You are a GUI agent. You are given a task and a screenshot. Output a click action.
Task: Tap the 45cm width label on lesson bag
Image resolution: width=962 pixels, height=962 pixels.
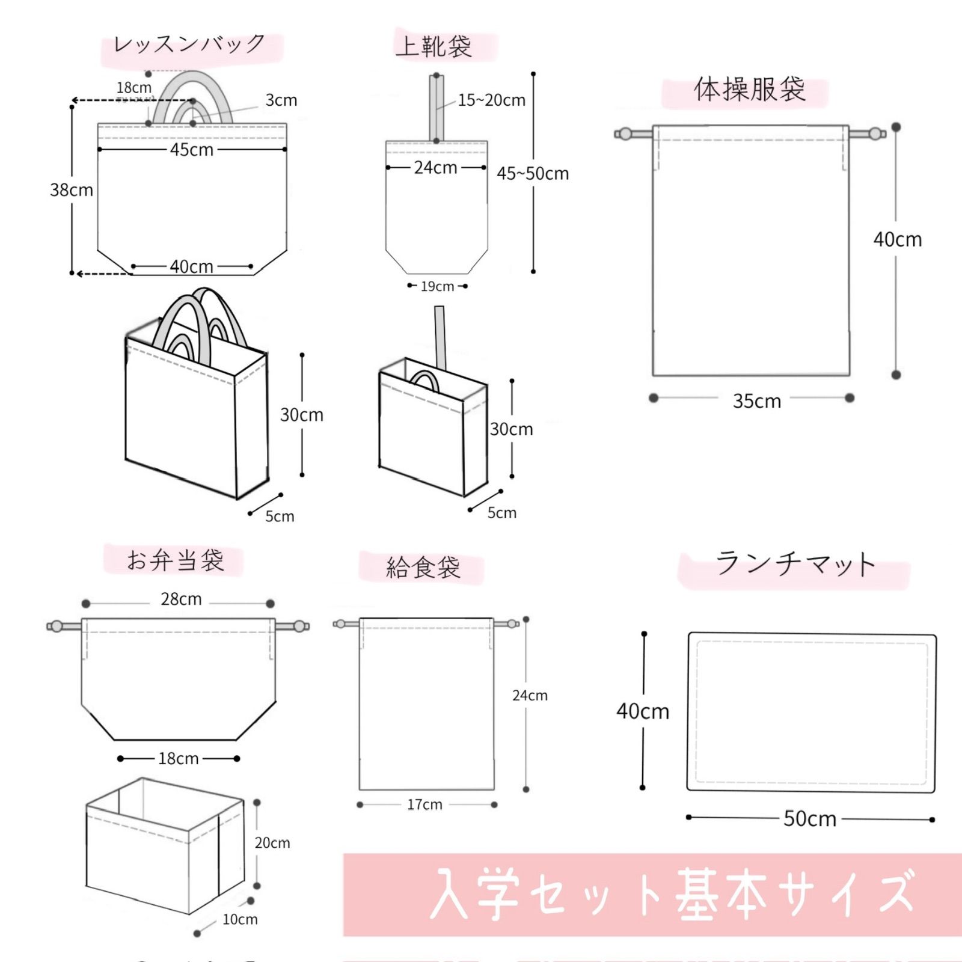pos(191,149)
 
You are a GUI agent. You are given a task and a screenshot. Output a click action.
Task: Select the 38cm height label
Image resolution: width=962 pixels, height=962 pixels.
pos(72,190)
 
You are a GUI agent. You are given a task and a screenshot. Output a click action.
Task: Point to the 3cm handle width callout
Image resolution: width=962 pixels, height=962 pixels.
pos(281,100)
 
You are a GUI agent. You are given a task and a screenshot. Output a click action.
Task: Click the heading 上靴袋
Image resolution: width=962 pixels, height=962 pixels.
pos(434,46)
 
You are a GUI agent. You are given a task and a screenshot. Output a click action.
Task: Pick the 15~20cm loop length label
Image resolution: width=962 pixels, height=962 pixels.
pos(491,100)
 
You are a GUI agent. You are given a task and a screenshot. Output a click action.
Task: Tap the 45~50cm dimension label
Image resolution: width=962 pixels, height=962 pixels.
pos(532,174)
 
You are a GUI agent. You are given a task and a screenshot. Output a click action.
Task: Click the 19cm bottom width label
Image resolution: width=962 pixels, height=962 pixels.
pos(437,286)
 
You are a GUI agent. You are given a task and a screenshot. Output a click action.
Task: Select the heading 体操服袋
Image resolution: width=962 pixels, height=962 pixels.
pos(749,90)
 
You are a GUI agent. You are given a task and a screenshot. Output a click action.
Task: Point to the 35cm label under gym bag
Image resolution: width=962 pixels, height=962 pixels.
pos(756,401)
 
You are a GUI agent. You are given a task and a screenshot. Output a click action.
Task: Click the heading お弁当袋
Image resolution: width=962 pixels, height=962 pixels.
pos(175,560)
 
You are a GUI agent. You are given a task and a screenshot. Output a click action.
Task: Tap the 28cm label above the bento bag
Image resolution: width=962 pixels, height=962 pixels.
pos(181,599)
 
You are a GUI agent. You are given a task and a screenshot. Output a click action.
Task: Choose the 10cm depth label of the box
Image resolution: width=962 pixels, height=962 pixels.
pos(240,919)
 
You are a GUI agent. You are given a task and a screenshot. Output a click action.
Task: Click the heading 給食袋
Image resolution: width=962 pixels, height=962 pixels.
pos(423,568)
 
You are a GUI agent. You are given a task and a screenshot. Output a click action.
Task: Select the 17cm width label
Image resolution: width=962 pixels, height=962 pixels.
pos(424,804)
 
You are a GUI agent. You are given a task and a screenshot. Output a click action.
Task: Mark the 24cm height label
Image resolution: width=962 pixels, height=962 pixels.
pos(530,696)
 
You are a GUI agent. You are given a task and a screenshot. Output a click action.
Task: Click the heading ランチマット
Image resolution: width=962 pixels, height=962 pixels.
pos(795,565)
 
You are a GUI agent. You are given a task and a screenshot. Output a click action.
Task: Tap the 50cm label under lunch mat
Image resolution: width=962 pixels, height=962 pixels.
pos(809,819)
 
